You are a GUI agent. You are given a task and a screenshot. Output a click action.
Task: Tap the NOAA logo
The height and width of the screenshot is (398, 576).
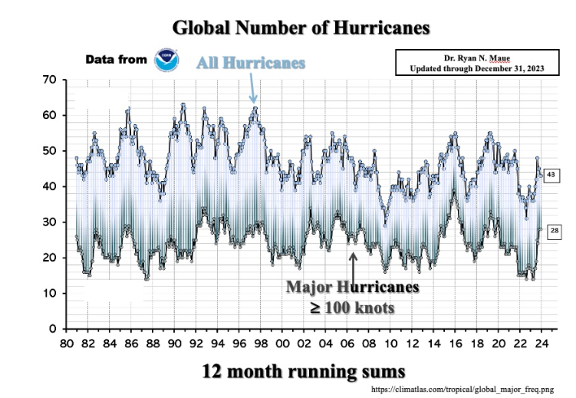[x=166, y=60]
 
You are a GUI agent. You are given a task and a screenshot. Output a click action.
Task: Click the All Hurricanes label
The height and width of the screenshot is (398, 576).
[x=251, y=63]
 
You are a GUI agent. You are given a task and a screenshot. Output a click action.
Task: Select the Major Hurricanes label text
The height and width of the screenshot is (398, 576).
[x=353, y=287]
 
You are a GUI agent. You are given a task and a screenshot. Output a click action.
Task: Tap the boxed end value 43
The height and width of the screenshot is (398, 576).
[x=551, y=176]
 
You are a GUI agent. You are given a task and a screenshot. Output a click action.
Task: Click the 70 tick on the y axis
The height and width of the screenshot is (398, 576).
[x=49, y=80]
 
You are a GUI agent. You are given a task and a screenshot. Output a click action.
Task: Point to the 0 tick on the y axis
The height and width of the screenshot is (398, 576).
[x=53, y=329]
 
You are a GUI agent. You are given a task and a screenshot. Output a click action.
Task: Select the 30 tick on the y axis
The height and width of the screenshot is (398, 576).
[x=49, y=222]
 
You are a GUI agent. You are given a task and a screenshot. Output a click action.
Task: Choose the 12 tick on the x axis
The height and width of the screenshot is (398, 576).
[x=413, y=344]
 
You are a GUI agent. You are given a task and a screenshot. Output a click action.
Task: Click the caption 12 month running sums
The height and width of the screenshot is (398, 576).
[x=303, y=371]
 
